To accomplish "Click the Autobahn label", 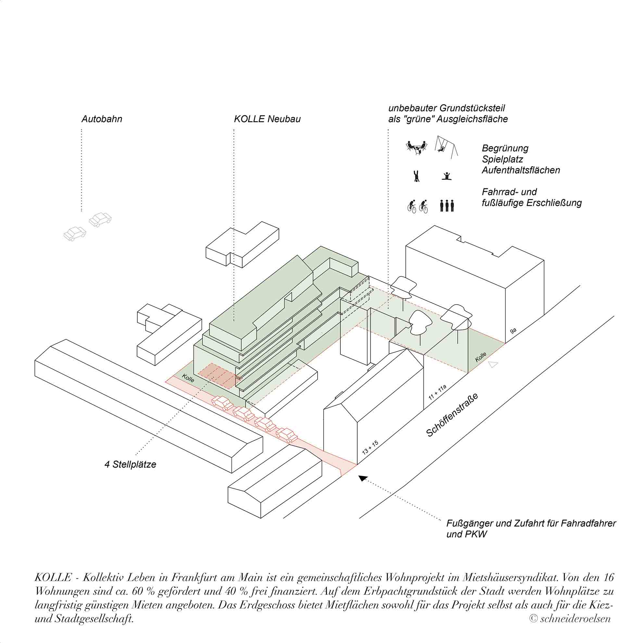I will point(102,119).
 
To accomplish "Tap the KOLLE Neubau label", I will point(267,119).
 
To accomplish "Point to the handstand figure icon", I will point(416,176).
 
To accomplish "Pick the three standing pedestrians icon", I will point(447,206).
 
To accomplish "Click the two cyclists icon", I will point(418,206).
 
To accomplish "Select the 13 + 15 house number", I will point(370,447).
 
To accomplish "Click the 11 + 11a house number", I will point(437,393).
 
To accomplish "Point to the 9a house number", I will point(513,331).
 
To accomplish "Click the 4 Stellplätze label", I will point(131,465).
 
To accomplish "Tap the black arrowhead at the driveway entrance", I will point(362,478).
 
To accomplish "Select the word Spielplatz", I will point(502,159).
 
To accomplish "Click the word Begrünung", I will point(505,148).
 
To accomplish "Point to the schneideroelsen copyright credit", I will point(570,618).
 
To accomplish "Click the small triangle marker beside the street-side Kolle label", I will point(493,364).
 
